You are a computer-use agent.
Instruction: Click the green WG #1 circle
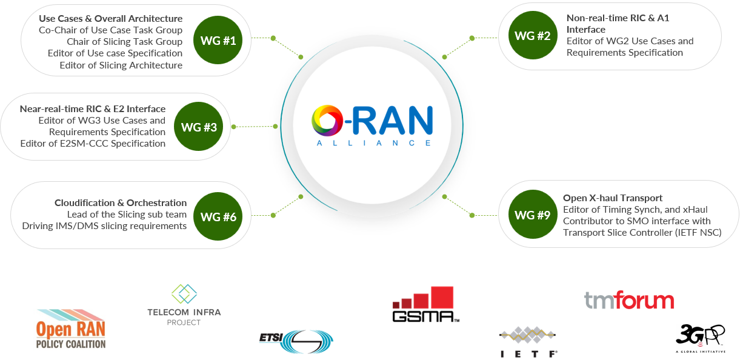pyautogui.click(x=218, y=40)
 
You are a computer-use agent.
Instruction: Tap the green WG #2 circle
pyautogui.click(x=533, y=35)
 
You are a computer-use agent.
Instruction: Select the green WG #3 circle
pyautogui.click(x=199, y=127)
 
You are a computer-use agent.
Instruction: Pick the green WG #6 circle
pyautogui.click(x=218, y=216)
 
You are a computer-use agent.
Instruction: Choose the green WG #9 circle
pyautogui.click(x=533, y=214)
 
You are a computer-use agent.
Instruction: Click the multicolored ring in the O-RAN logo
pyautogui.click(x=327, y=121)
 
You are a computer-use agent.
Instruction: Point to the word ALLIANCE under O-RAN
pyautogui.click(x=373, y=143)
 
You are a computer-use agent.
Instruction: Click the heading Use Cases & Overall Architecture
pyautogui.click(x=111, y=19)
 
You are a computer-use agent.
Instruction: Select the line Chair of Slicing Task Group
pyautogui.click(x=124, y=42)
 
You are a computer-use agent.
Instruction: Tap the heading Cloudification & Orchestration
pyautogui.click(x=121, y=203)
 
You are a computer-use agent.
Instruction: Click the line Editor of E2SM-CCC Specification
pyautogui.click(x=93, y=144)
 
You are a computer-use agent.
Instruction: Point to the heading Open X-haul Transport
pyautogui.click(x=613, y=198)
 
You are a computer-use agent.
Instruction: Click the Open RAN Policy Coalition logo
pyautogui.click(x=71, y=329)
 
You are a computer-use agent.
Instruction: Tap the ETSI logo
pyautogui.click(x=296, y=341)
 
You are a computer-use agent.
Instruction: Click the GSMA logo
pyautogui.click(x=426, y=304)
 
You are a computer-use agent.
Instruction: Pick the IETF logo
pyautogui.click(x=528, y=342)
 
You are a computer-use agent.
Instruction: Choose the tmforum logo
pyautogui.click(x=629, y=300)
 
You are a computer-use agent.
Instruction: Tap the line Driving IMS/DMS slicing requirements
pyautogui.click(x=104, y=226)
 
